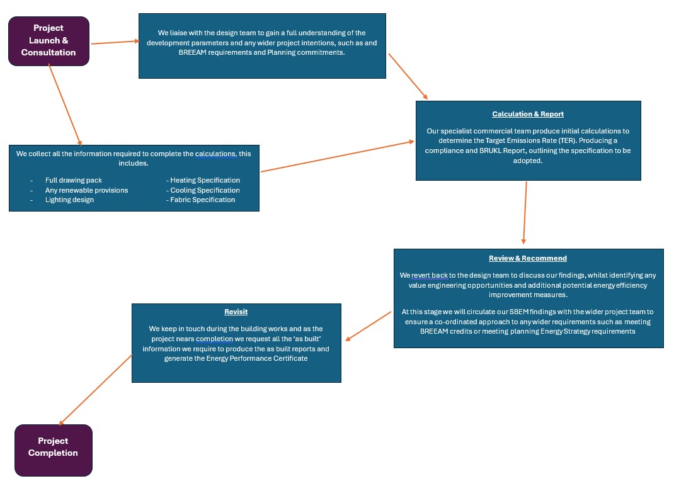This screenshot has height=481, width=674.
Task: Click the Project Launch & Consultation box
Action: click(x=49, y=41)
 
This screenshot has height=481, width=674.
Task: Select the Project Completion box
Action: click(x=54, y=450)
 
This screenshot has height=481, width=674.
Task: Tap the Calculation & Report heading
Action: click(x=528, y=114)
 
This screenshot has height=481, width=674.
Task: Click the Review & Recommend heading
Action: click(x=528, y=258)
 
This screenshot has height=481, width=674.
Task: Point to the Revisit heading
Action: click(x=236, y=312)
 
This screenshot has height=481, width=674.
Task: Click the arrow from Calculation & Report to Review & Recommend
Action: click(x=525, y=213)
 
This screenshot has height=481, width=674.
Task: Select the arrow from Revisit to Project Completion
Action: click(x=95, y=390)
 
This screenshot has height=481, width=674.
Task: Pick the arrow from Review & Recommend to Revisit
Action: click(x=368, y=326)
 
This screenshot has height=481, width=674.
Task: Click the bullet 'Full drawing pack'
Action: click(x=74, y=180)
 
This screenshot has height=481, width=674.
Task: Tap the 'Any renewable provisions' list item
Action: click(x=86, y=190)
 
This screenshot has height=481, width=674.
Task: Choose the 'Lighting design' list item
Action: click(x=69, y=200)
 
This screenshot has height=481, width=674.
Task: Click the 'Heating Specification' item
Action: click(x=203, y=180)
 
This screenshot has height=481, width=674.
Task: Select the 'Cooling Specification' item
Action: click(x=203, y=190)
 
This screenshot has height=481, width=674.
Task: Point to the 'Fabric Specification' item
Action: click(x=201, y=200)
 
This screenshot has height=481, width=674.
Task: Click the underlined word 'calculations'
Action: click(x=216, y=154)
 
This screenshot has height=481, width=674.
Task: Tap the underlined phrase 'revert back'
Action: click(x=430, y=275)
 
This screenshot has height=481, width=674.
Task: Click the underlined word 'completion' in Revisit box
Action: click(x=215, y=339)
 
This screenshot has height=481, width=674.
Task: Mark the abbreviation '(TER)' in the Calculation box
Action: click(x=568, y=140)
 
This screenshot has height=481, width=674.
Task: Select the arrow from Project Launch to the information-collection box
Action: click(x=65, y=105)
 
